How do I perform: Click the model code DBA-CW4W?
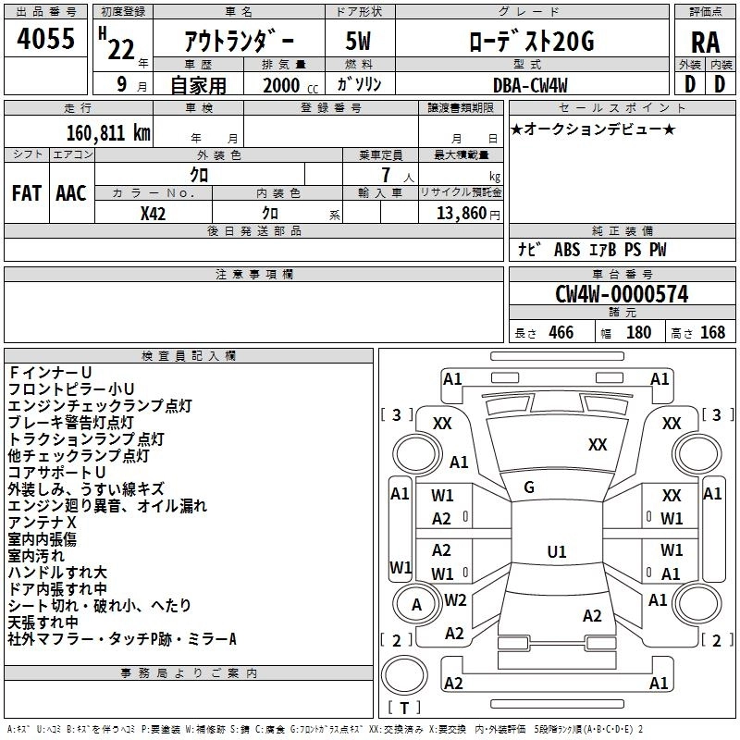531,84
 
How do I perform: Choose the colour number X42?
154,213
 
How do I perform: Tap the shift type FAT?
26,192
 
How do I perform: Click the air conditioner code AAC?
71,192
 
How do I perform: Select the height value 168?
712,332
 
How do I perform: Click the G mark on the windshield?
529,487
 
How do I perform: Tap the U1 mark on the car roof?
556,552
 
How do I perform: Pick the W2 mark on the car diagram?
455,599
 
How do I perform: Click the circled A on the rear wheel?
416,605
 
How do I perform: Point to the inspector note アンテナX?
42,523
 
